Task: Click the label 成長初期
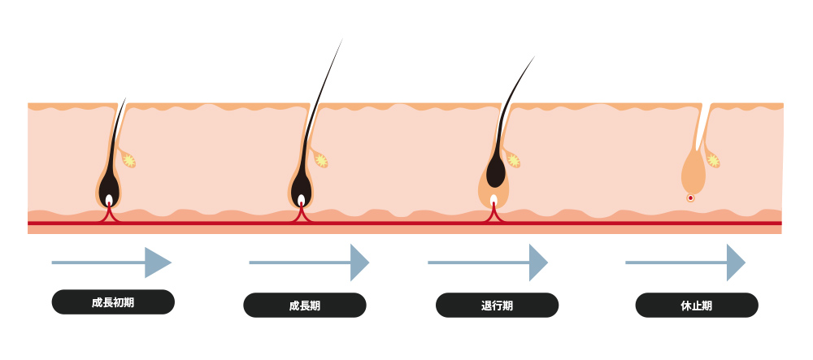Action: coord(113,302)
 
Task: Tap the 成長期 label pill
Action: coord(305,305)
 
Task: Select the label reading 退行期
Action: coord(497,305)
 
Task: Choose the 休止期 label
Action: coord(697,305)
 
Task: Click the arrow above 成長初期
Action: coord(111,262)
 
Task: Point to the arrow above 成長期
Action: coord(309,262)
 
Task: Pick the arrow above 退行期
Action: coord(488,262)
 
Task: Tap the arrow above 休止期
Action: coord(685,262)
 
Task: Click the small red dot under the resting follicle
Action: coord(690,197)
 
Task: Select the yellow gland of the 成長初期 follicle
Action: coord(128,161)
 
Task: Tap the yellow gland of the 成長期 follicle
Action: coord(321,161)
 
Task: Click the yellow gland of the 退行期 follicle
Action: coord(513,161)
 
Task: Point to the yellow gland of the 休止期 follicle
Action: coord(714,161)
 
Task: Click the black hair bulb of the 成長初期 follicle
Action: coord(109,189)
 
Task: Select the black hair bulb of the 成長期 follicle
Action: coord(302,189)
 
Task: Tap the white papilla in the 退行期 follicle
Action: coord(493,201)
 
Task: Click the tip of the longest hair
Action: coord(343,38)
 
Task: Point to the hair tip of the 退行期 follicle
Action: coord(535,56)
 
